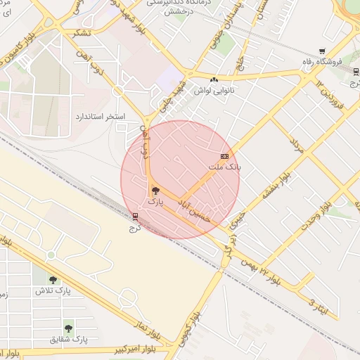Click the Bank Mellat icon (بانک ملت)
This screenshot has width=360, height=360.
coord(224,155)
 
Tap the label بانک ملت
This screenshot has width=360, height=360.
coord(224,167)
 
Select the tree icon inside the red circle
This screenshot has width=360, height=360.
coord(155,190)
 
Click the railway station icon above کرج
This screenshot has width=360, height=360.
coord(135,216)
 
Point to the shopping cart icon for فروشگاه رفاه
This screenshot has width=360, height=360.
coord(322,51)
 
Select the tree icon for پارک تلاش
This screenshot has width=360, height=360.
coord(53,279)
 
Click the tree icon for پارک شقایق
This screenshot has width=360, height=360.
coord(68,328)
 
